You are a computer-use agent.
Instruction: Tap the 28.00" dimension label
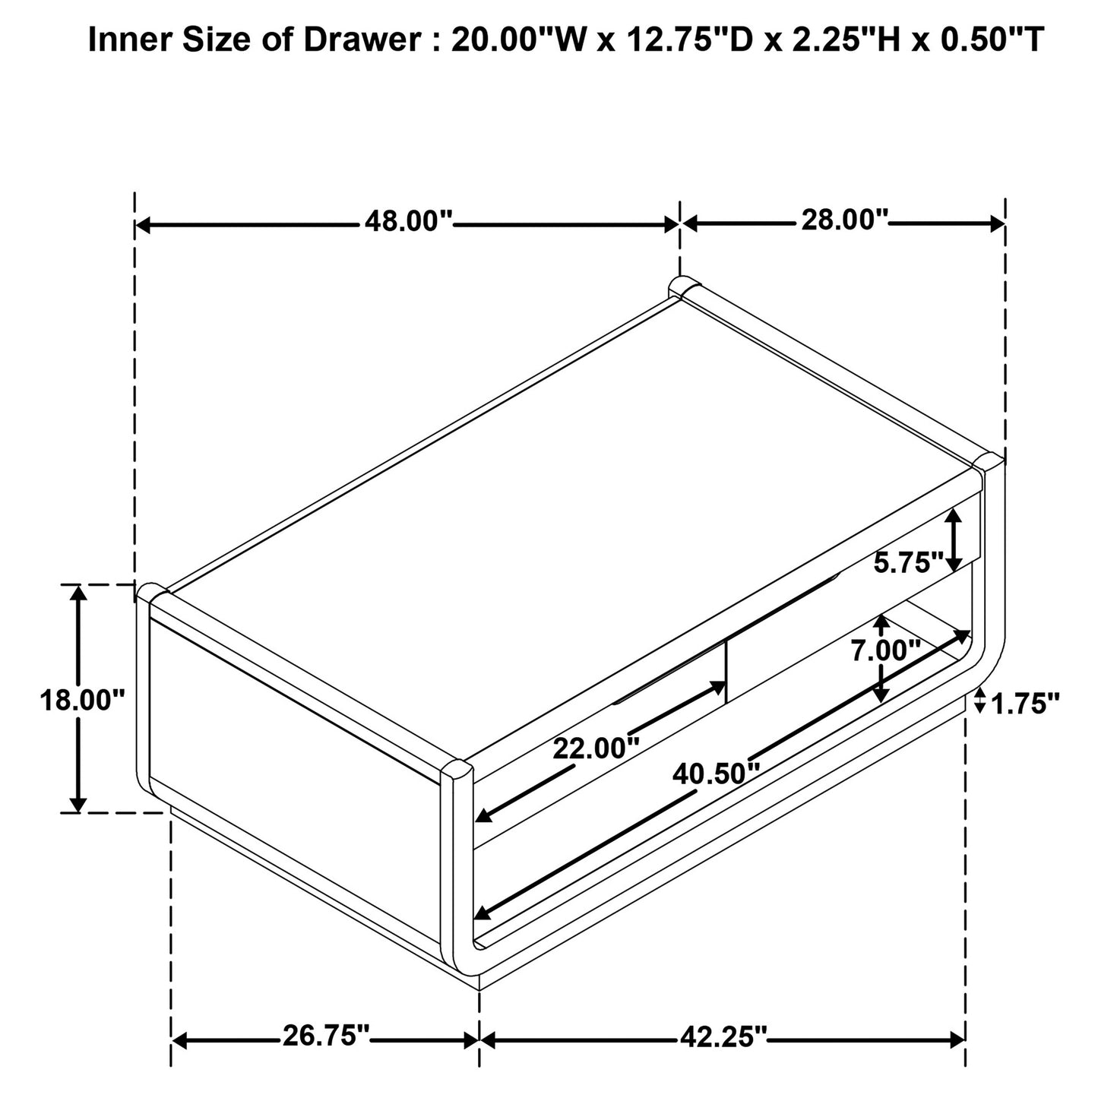[845, 220]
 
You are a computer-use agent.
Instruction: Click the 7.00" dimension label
[886, 650]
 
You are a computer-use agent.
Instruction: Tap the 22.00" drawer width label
[596, 748]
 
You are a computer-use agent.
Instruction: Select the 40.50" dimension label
[717, 774]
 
